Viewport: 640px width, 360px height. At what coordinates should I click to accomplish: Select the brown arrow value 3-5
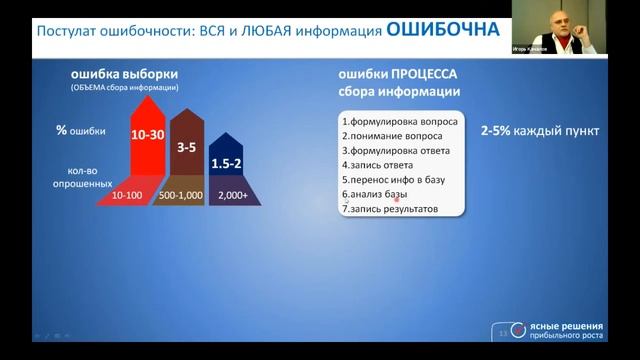coord(186,147)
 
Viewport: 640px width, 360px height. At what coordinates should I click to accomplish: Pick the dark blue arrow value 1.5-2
coord(226,163)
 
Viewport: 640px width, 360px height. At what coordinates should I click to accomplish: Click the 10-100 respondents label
coord(127,196)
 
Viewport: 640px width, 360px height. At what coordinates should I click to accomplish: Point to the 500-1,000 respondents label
coord(180,196)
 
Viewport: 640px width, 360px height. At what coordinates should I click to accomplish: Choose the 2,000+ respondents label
coord(233,196)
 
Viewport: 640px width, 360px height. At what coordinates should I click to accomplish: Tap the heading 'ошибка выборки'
coord(111,74)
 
